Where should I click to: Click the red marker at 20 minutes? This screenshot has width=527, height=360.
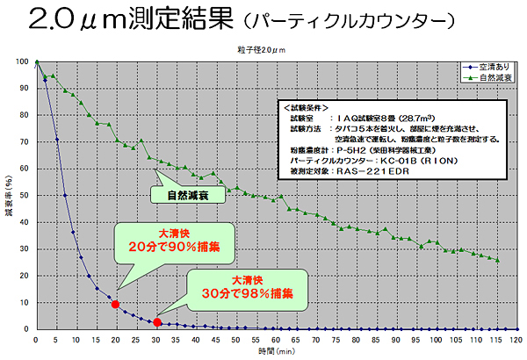click(115, 304)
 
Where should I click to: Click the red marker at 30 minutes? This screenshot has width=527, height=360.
click(156, 322)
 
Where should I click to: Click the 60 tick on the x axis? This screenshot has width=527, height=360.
click(276, 339)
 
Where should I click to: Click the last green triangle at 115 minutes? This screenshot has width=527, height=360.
click(498, 260)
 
